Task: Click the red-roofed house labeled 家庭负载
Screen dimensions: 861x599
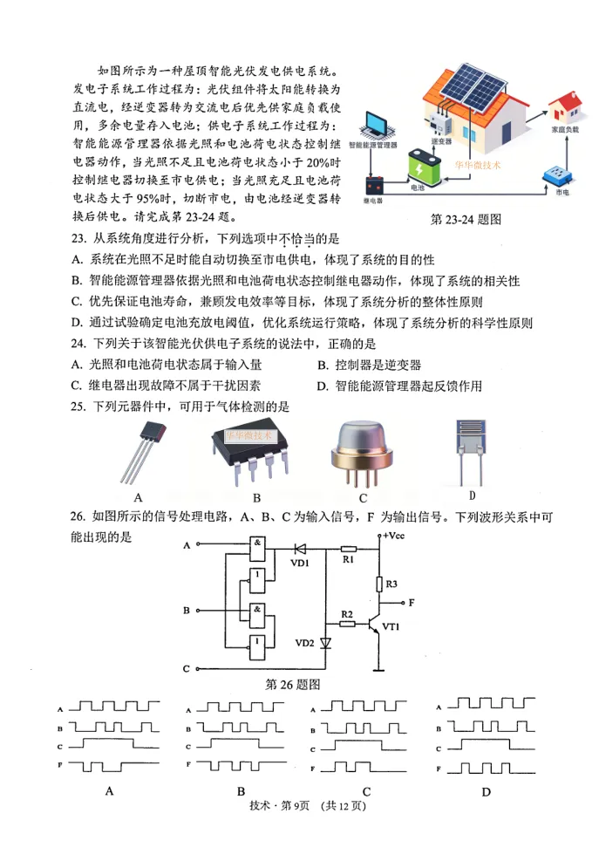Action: [x=564, y=111]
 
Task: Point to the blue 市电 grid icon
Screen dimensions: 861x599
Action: [x=554, y=174]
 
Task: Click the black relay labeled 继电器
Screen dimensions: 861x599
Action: [x=374, y=186]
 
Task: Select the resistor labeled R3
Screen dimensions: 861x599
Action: [x=379, y=584]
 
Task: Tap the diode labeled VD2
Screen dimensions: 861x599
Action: [x=326, y=644]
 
